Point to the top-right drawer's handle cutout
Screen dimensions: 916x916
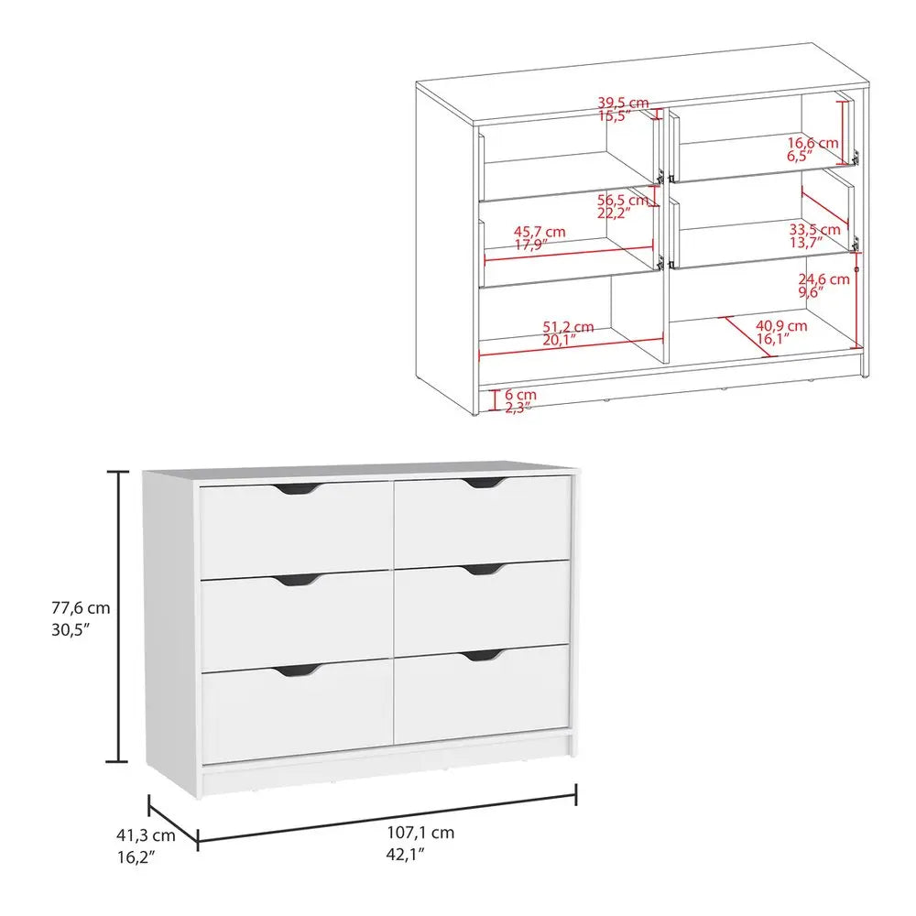click(x=484, y=482)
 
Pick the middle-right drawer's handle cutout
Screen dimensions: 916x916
click(x=484, y=570)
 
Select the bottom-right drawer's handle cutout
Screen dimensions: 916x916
click(x=484, y=655)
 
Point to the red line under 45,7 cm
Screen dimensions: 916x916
click(x=568, y=256)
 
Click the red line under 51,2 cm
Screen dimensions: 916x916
click(x=568, y=347)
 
